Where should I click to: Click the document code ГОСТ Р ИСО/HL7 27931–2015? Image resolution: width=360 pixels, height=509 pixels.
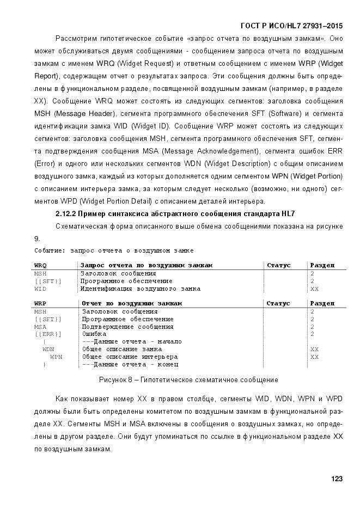(x=291, y=26)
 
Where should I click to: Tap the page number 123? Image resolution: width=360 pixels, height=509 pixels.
(x=337, y=479)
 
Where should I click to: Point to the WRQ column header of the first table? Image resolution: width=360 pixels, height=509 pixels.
(x=40, y=265)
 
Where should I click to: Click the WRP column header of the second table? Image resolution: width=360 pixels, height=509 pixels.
(x=40, y=303)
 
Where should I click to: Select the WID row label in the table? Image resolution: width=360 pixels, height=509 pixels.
(x=40, y=289)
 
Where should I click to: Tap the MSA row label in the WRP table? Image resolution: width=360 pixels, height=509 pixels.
(x=40, y=327)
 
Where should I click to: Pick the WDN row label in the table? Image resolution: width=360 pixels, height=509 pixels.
(x=48, y=349)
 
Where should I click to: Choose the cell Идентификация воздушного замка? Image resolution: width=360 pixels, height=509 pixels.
(x=141, y=289)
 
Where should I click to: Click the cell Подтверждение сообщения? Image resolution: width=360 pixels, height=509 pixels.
(x=127, y=327)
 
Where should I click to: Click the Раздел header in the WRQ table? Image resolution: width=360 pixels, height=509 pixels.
(x=322, y=265)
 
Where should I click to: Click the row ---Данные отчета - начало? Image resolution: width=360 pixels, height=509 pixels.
(x=131, y=341)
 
